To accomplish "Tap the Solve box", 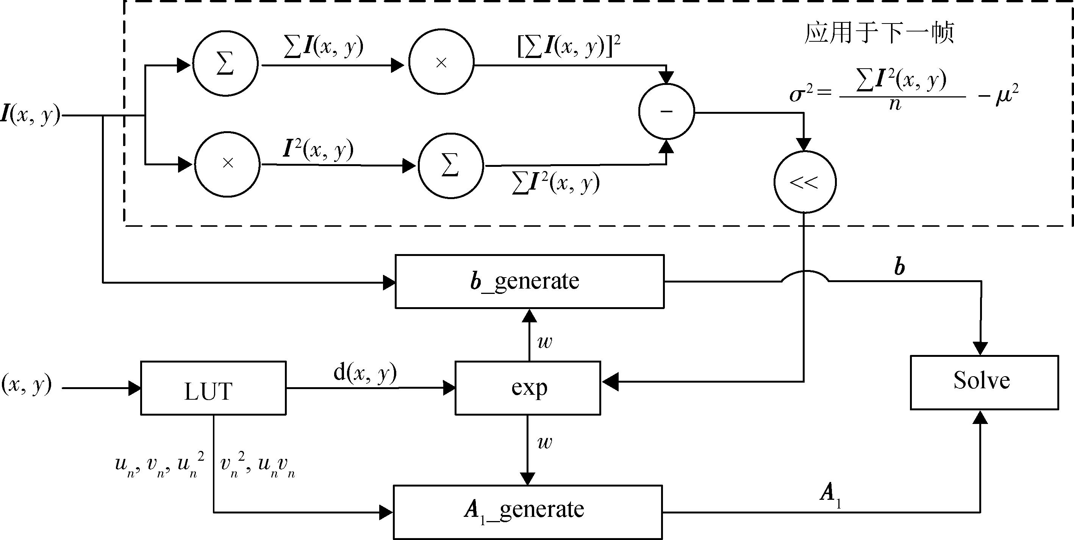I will point(984,383).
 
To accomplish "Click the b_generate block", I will point(530,282).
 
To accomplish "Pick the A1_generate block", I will point(527,512).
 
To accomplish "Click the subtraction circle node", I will point(666,111).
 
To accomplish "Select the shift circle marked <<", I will point(804,182).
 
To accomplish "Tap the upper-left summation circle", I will point(225,64).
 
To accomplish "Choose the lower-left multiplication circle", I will point(228,164).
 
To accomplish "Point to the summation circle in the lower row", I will point(451,166).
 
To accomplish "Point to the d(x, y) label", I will point(365,373).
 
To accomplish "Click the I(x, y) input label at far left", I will point(30,115).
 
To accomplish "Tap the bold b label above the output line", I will point(900,266).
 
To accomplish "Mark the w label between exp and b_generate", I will point(544,342).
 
